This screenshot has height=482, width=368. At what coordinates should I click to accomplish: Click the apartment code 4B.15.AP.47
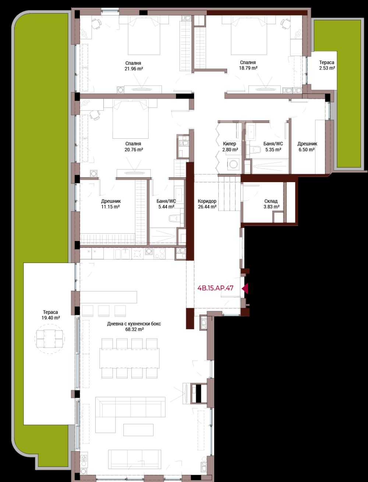(x=215, y=288)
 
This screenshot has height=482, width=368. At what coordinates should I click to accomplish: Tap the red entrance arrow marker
(x=245, y=288)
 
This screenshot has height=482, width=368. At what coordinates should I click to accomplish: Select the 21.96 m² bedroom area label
(x=134, y=69)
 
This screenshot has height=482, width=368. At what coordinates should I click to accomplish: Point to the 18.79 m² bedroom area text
(x=248, y=68)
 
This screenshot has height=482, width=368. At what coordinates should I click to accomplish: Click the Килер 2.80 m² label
(x=230, y=147)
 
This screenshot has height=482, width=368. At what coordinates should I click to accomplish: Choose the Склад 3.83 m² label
(x=271, y=204)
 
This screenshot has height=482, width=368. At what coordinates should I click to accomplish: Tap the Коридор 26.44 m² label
(x=207, y=204)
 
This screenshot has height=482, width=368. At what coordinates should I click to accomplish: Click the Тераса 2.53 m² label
(x=327, y=65)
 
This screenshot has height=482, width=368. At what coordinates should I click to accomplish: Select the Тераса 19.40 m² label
(x=50, y=315)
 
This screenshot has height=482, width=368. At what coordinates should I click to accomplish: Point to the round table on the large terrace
(x=50, y=339)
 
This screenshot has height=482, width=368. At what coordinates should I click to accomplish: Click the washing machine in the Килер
(x=233, y=164)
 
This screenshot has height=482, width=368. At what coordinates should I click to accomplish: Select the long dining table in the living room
(x=130, y=358)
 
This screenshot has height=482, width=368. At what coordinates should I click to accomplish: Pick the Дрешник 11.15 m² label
(x=111, y=204)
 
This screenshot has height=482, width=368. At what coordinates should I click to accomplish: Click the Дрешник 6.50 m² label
(x=307, y=147)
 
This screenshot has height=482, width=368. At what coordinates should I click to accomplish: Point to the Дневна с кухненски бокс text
(x=134, y=324)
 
